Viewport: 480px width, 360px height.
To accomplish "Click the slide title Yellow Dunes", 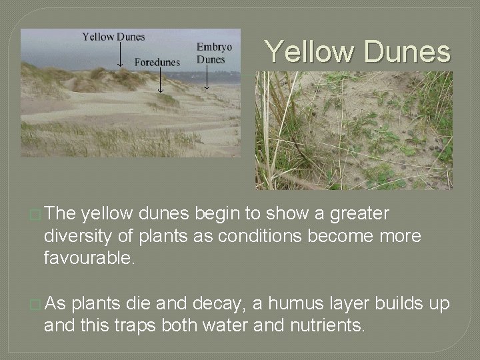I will coord(357,51).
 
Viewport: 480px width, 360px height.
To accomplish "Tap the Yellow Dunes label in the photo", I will coord(113,37).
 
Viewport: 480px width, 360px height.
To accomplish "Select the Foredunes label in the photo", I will coord(157,62).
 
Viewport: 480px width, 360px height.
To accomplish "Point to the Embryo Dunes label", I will coord(214,53).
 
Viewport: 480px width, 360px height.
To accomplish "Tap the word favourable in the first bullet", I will coord(89,258).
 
